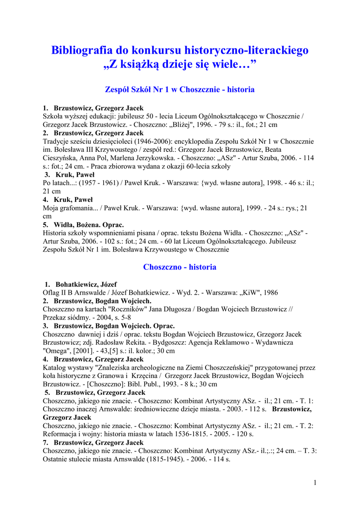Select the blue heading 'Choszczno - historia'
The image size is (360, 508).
[180, 267]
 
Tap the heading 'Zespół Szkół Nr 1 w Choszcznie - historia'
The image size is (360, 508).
[180, 90]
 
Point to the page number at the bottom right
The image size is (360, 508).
[315, 483]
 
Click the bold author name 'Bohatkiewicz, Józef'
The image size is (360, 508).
[86, 285]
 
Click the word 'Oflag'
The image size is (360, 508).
[52, 293]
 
